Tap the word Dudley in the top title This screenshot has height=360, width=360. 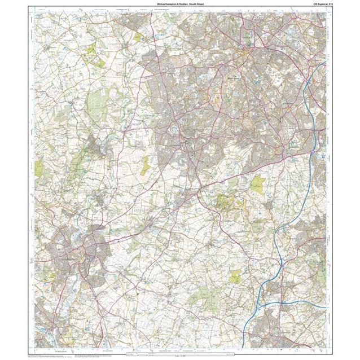point(181,4)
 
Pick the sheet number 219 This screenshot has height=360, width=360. point(322,4)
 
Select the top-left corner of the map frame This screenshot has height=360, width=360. point(35,12)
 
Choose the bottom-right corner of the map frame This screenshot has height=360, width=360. point(326,348)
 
